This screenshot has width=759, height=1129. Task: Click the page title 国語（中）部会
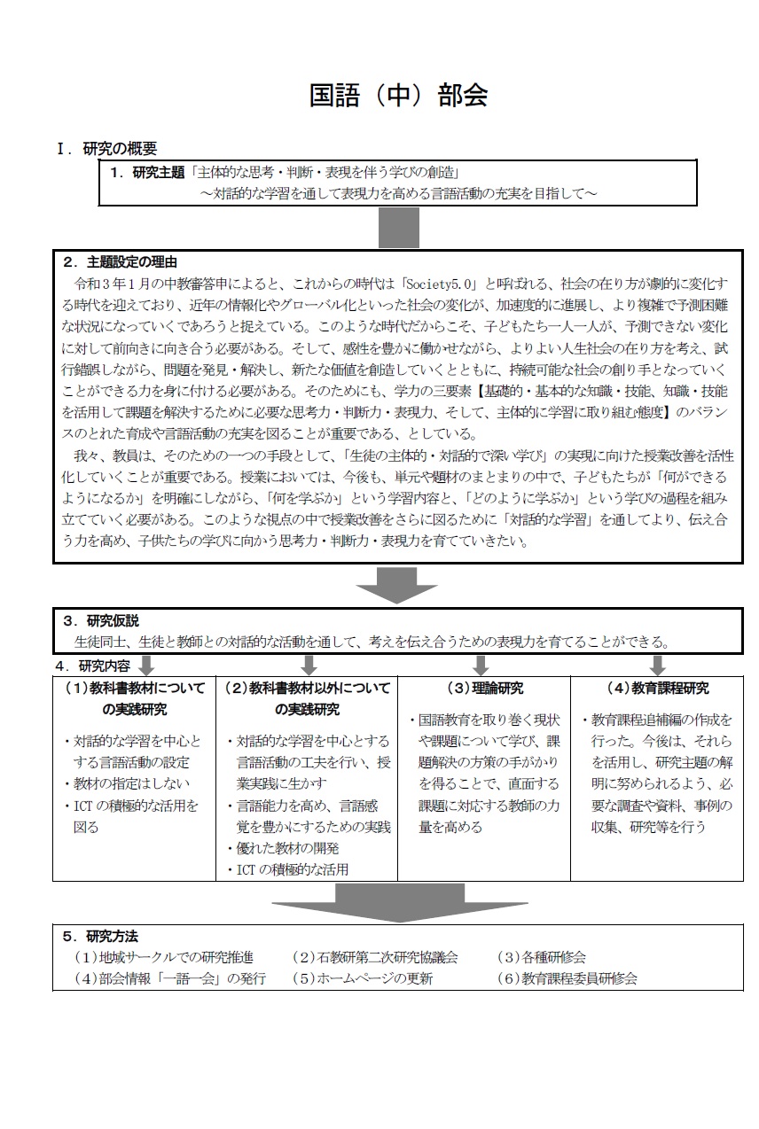tap(398, 96)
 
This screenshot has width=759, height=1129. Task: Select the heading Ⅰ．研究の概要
tap(107, 149)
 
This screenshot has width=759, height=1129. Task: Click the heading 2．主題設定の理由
tap(120, 261)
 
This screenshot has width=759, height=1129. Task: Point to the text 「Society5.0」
tap(441, 284)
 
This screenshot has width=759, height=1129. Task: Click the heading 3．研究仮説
tap(101, 621)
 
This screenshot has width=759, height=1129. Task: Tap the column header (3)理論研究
tap(483, 689)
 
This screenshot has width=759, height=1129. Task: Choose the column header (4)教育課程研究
tap(657, 689)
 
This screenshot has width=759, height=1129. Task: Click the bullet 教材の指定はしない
tap(127, 783)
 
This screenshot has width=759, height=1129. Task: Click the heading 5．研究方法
tap(101, 936)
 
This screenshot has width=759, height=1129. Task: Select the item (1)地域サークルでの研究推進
tap(164, 958)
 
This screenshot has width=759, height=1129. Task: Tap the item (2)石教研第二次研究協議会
tap(375, 958)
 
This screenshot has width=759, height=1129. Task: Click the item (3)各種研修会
tap(541, 958)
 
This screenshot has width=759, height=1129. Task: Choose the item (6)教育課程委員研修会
tap(567, 979)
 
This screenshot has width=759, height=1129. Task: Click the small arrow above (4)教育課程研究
tap(658, 665)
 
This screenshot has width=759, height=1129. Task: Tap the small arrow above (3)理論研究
tap(481, 665)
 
